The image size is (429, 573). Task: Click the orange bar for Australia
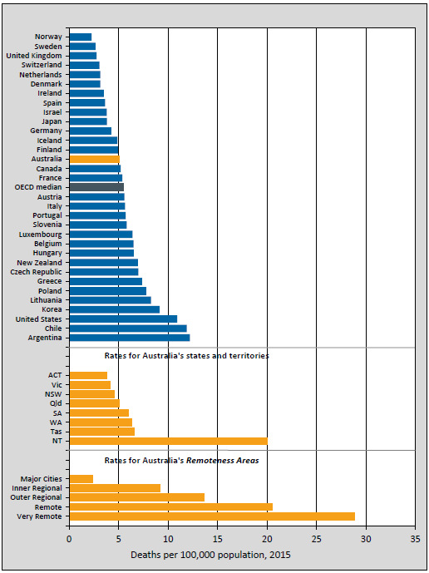point(94,159)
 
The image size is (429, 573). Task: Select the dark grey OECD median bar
point(96,187)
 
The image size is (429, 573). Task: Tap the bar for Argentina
point(129,338)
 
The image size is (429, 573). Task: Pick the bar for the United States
point(123,319)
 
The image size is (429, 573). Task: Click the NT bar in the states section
point(168,441)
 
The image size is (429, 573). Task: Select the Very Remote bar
point(212,516)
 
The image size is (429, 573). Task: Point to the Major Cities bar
point(81,479)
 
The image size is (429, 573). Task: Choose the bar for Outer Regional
point(136,497)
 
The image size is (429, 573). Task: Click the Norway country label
point(48,37)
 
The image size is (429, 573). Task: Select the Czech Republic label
point(37,272)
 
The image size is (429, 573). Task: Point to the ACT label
point(55,375)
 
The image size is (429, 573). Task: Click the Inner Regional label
point(40,488)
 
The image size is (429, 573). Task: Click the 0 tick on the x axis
point(69,538)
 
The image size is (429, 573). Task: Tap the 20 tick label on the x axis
point(267,538)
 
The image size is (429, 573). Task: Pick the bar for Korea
point(114,309)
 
